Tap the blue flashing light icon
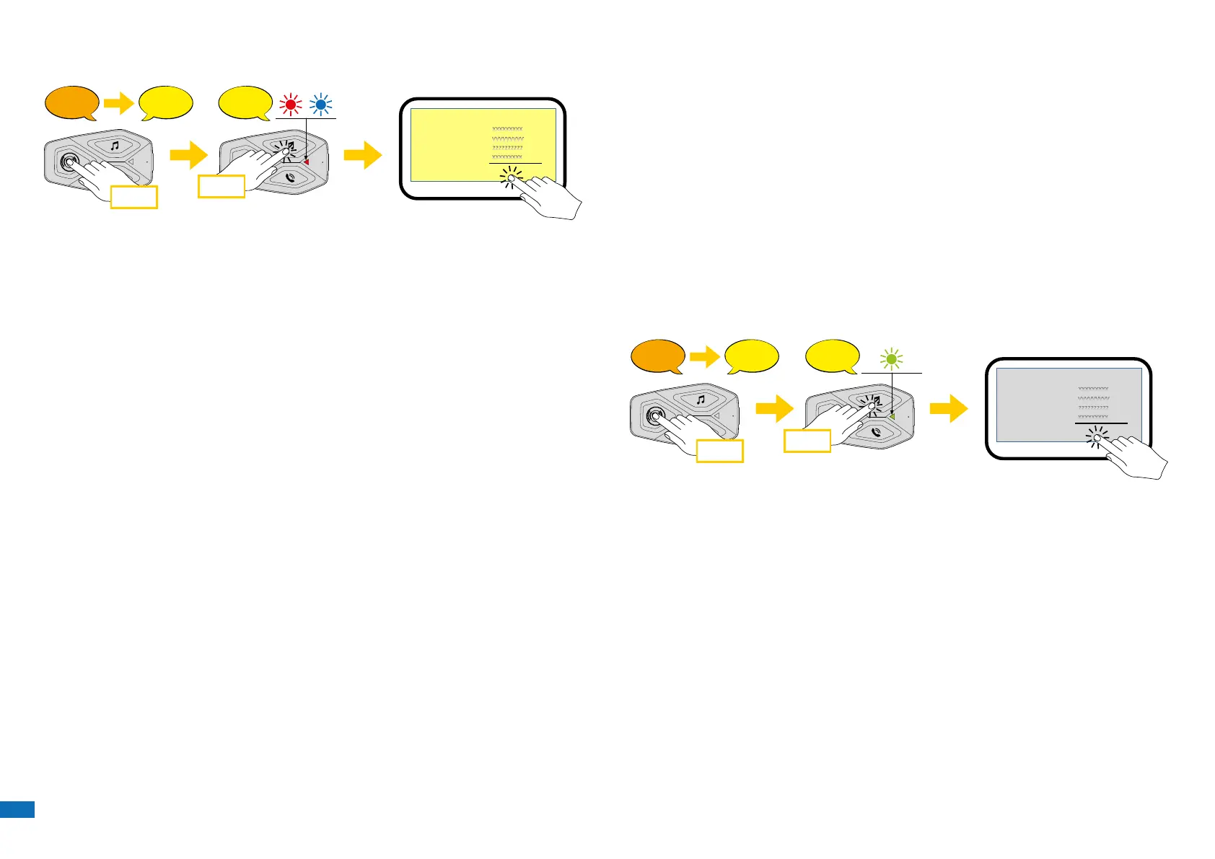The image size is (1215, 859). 321,105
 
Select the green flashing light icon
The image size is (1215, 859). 892,358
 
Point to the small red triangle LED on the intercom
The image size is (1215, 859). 306,162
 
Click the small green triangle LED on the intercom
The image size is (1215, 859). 892,415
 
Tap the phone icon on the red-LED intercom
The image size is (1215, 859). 290,177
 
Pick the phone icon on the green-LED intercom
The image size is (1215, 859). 876,432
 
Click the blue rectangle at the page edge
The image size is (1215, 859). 17,809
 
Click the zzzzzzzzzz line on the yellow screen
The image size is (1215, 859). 507,148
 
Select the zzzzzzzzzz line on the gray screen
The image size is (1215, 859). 1093,408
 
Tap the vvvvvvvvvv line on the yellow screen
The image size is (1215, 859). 507,138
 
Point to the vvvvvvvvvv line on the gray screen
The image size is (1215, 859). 1093,398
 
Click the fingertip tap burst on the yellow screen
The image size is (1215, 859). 512,177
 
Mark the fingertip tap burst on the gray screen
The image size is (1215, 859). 1097,437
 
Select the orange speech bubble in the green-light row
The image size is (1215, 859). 657,356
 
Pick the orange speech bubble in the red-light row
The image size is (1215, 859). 71,103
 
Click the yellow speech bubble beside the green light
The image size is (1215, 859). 832,356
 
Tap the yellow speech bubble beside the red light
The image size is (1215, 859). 246,102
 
